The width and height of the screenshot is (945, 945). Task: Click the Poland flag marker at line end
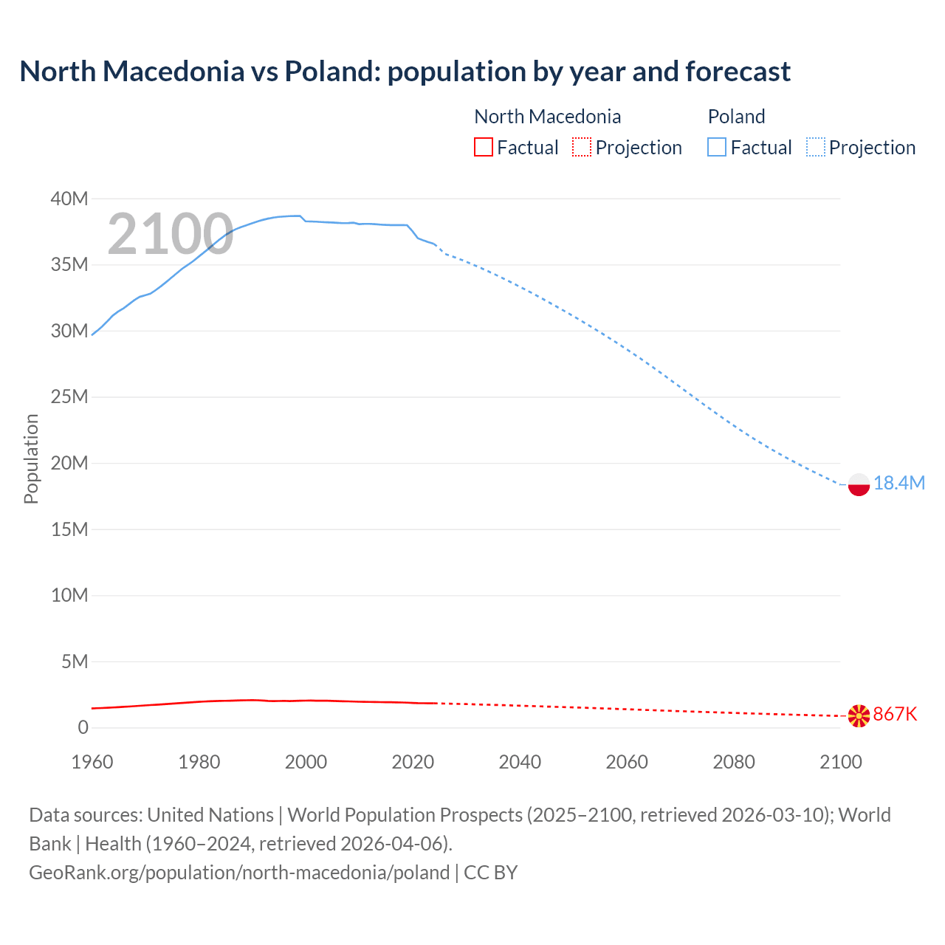(x=859, y=484)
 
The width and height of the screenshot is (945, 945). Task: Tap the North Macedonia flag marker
(x=859, y=715)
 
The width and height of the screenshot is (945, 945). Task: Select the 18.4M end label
(x=898, y=483)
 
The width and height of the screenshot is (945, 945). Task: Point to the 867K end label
(x=895, y=714)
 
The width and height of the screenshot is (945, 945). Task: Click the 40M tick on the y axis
(x=69, y=199)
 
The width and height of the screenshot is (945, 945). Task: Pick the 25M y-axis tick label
(x=69, y=397)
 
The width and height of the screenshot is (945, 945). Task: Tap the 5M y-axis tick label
(x=74, y=661)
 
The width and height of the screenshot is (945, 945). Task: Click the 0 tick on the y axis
(x=83, y=727)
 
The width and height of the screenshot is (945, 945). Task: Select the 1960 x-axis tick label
(x=92, y=762)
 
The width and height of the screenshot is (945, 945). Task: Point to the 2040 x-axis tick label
(x=520, y=762)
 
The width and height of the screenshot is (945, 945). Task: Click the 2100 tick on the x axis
(x=840, y=762)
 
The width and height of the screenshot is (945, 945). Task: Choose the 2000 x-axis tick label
(x=306, y=762)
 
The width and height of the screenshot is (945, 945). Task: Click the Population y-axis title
(x=31, y=458)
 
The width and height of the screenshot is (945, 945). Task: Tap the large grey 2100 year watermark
(x=171, y=234)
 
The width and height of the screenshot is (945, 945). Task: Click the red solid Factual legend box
(x=483, y=147)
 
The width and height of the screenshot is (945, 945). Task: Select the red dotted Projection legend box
(x=582, y=147)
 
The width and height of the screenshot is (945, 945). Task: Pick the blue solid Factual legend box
(x=717, y=147)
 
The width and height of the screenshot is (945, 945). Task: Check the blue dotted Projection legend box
(x=816, y=147)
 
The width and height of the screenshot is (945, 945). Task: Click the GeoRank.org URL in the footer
(x=239, y=872)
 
